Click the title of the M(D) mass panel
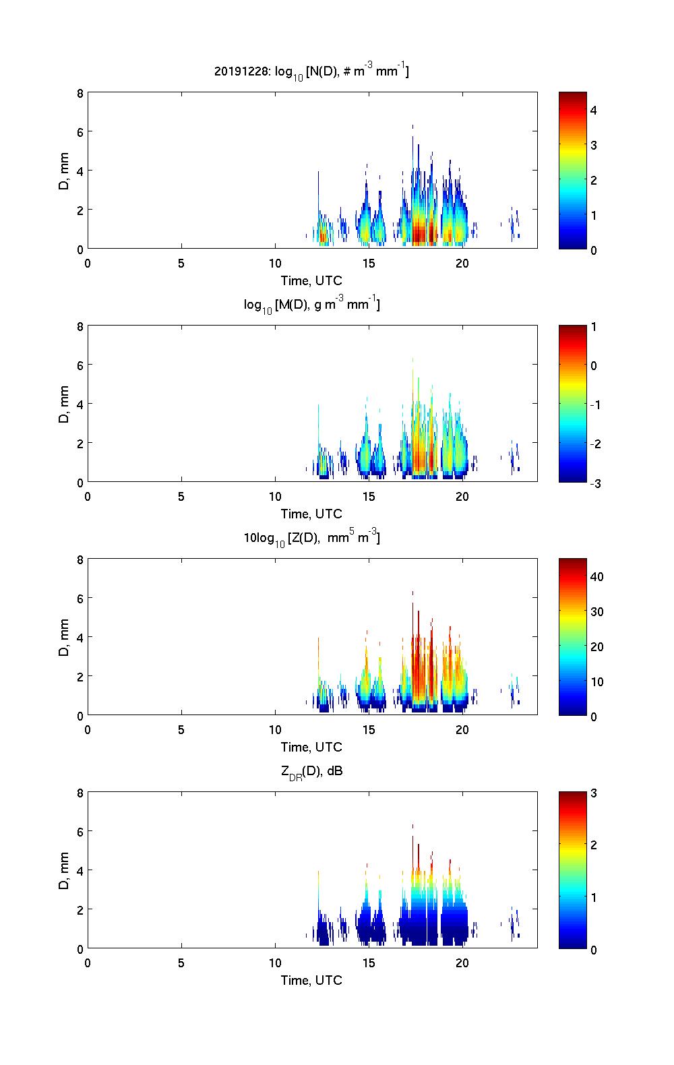pyautogui.click(x=311, y=305)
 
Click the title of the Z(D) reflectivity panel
pyautogui.click(x=311, y=538)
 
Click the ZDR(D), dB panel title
pyautogui.click(x=311, y=771)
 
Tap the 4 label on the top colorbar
pyautogui.click(x=594, y=110)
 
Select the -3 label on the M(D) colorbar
pyautogui.click(x=596, y=483)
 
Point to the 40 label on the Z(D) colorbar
pyautogui.click(x=596, y=576)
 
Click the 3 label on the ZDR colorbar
pyautogui.click(x=594, y=793)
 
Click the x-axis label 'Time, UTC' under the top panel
pyautogui.click(x=311, y=281)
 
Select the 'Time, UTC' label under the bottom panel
pyautogui.click(x=311, y=980)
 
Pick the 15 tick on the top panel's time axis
pyautogui.click(x=369, y=264)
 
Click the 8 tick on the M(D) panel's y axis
pyautogui.click(x=81, y=327)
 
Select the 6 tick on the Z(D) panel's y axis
pyautogui.click(x=81, y=599)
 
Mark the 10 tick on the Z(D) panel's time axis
pyautogui.click(x=275, y=729)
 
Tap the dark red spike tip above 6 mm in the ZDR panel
pyautogui.click(x=412, y=826)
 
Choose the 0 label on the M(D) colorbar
pyautogui.click(x=594, y=366)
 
